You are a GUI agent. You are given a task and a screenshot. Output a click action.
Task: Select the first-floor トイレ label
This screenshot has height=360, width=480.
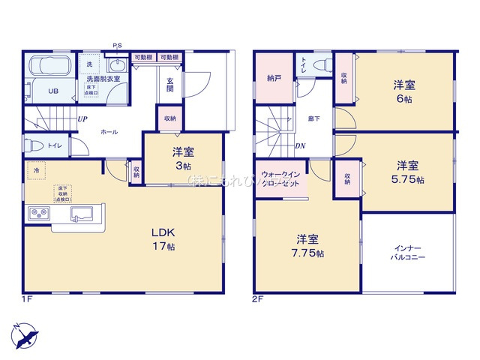(x=54, y=146)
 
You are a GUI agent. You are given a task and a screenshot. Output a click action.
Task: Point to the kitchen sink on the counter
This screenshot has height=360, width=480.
(x=83, y=214)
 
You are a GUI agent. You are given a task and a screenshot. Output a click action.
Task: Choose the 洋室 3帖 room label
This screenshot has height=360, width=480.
(x=182, y=159)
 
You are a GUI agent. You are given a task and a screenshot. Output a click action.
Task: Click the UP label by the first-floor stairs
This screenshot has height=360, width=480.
(x=80, y=118)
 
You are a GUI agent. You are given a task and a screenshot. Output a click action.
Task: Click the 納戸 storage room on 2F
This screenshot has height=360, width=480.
(x=273, y=78)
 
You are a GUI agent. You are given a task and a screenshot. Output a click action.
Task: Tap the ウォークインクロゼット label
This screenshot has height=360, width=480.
(x=280, y=179)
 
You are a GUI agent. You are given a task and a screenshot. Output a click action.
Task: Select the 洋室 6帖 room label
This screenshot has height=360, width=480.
(x=406, y=89)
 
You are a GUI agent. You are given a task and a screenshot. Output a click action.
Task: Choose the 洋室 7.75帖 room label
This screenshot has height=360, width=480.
(x=309, y=246)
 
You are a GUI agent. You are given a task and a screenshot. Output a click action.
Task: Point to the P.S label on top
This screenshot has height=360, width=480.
(x=118, y=46)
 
